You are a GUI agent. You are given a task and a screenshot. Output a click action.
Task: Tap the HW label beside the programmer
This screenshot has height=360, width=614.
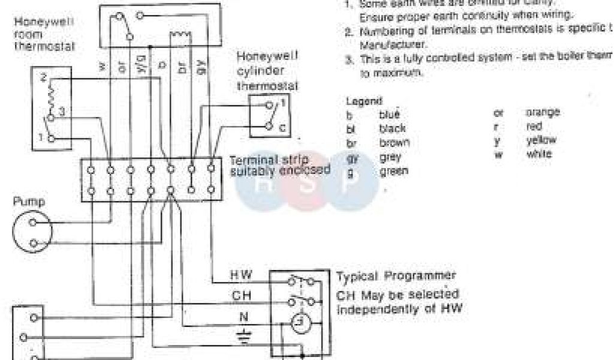coord(241,276)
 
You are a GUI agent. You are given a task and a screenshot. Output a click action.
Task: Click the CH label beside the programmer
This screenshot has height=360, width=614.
coord(241,296)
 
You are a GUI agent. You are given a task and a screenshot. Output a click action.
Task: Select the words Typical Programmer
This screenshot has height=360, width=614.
coord(396,277)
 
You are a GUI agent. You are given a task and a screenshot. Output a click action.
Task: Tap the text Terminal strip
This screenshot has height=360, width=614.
coord(269,160)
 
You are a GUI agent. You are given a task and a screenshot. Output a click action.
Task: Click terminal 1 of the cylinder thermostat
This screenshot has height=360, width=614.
coord(283,104)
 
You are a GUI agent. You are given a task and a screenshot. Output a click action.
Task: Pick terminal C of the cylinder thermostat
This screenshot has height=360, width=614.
coord(283,127)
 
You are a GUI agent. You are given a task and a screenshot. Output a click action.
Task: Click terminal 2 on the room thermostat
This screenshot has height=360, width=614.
coord(44,79)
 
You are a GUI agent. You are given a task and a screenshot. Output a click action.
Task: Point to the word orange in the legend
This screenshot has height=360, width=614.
coord(543,112)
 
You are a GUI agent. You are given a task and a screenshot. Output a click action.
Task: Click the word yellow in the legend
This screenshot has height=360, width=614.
coord(541,140)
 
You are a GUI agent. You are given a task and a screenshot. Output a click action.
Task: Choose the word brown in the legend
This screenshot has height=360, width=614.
coord(395,143)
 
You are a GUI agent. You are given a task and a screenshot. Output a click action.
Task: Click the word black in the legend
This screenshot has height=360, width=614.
coord(392,128)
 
